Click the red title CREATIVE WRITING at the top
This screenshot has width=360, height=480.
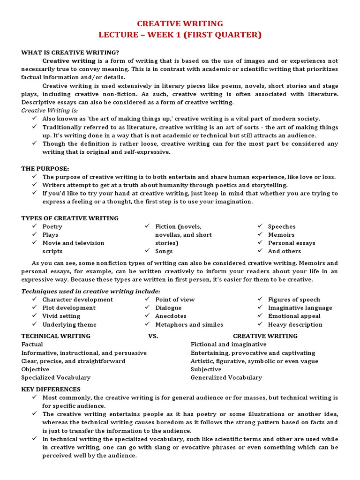[x=180, y=23]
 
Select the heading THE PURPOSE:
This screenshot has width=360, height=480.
[x=45, y=168]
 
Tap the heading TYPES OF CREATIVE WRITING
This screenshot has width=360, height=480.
[x=70, y=218]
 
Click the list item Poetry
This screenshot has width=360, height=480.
[x=52, y=226]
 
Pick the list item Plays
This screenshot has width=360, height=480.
[x=50, y=235]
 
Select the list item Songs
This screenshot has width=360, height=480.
[x=164, y=251]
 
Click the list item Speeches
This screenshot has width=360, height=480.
[x=282, y=226]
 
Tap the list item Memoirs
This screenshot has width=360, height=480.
[x=281, y=235]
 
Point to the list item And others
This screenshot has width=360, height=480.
[x=285, y=251]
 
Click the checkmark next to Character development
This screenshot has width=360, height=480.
[x=35, y=300]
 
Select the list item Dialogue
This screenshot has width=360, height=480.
[x=168, y=308]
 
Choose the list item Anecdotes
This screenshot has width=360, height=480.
[x=171, y=316]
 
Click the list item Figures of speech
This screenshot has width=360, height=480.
[x=294, y=300]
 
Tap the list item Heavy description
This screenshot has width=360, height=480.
[x=295, y=324]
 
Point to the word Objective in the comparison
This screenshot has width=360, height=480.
[x=35, y=369]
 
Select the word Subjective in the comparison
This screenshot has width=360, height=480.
[x=206, y=369]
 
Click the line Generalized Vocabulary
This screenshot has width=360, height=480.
[x=226, y=377]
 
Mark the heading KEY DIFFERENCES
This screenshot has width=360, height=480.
[x=51, y=389]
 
